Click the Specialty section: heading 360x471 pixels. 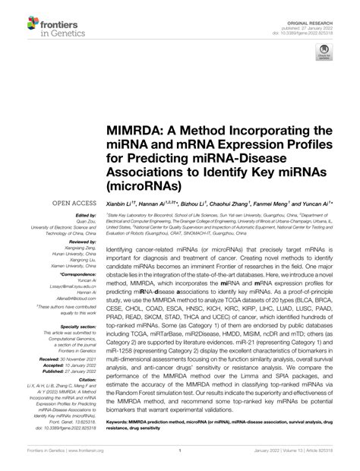67,324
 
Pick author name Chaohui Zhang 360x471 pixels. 250,204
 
